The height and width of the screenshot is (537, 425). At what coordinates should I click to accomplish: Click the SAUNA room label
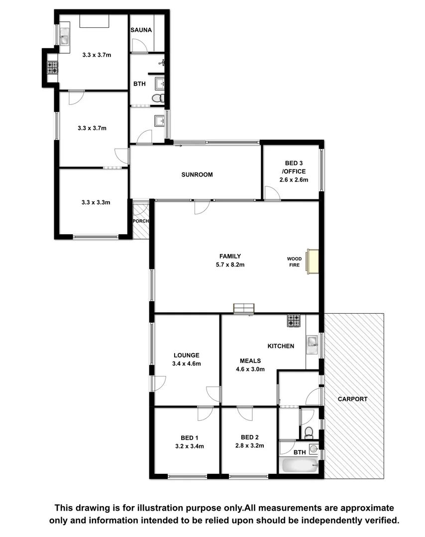click(x=141, y=30)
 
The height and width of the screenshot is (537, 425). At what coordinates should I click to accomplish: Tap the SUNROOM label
click(x=197, y=175)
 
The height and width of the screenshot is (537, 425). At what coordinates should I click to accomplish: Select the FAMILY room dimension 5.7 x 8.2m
click(x=227, y=265)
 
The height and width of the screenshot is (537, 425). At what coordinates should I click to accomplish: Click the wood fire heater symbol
click(x=313, y=262)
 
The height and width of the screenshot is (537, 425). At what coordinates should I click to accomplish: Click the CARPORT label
click(x=352, y=399)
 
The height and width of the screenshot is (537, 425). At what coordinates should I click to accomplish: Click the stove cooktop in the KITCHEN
click(x=294, y=321)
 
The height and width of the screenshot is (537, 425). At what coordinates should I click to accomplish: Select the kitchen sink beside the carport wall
click(x=312, y=342)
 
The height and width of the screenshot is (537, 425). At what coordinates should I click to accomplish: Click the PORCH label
click(x=141, y=221)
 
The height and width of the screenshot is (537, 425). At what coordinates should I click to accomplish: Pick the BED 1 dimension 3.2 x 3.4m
click(x=189, y=446)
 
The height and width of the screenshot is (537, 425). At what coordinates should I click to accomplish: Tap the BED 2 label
click(x=249, y=438)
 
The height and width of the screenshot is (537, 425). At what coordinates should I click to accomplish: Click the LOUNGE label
click(x=187, y=355)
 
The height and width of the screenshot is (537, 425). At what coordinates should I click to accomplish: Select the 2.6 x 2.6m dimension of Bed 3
click(x=294, y=180)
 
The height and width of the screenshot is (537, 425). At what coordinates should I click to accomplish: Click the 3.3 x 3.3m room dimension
click(x=96, y=202)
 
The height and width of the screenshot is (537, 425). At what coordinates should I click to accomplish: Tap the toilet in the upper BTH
click(x=157, y=98)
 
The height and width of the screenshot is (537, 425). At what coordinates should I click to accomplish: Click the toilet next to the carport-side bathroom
click(x=309, y=431)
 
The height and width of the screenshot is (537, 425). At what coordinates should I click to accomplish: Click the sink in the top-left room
click(x=65, y=36)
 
